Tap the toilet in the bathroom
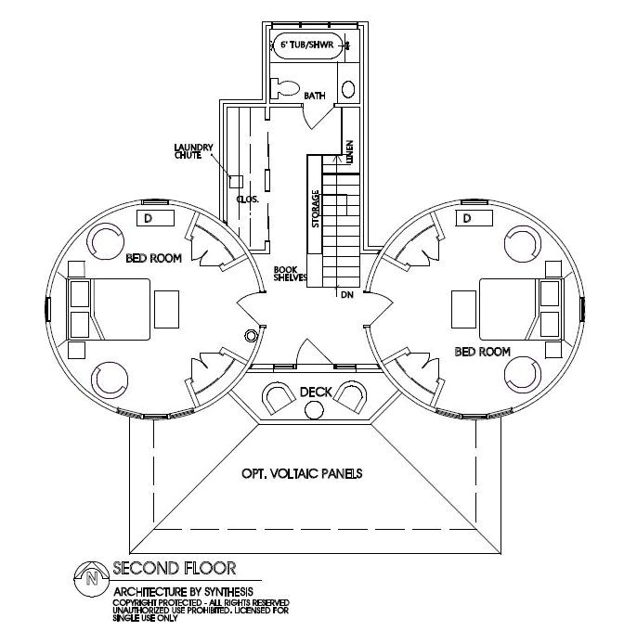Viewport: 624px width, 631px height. click(282, 87)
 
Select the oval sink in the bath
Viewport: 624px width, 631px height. click(348, 89)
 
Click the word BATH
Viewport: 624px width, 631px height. click(316, 96)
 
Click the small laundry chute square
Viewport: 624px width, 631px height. click(236, 182)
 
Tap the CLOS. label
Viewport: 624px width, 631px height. click(247, 200)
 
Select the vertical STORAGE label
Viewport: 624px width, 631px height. click(316, 209)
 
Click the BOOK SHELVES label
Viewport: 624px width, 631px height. click(285, 277)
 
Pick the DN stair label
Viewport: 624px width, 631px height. click(347, 294)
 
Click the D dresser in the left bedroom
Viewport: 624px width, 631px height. click(148, 218)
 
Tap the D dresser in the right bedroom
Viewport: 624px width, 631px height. click(467, 218)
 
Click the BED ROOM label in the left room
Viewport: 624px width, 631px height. click(153, 258)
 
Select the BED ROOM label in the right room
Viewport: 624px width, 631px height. click(483, 351)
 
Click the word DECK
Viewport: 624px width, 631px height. click(316, 393)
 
